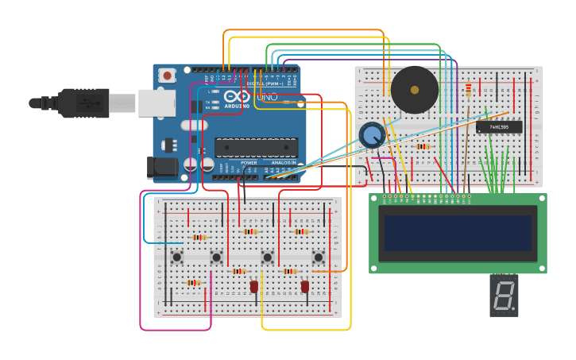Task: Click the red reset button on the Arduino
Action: coord(167,75)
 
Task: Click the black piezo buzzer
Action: coord(414,90)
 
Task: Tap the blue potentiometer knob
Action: coord(371,135)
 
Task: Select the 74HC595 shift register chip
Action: coord(499,127)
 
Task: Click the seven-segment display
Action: coord(504,296)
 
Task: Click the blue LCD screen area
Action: coord(458,232)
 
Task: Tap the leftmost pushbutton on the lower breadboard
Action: coord(177,257)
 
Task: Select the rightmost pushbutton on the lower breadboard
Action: coord(319,257)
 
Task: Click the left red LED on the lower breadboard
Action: coord(254,287)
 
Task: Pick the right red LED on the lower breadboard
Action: coord(304,286)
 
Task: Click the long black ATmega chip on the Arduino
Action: coord(257,147)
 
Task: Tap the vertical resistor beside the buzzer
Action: coord(468,91)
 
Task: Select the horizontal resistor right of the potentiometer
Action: coord(423,146)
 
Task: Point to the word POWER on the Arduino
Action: coord(249,162)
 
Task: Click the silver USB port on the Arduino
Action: coord(157,103)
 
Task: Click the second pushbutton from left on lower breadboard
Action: coord(216,257)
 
